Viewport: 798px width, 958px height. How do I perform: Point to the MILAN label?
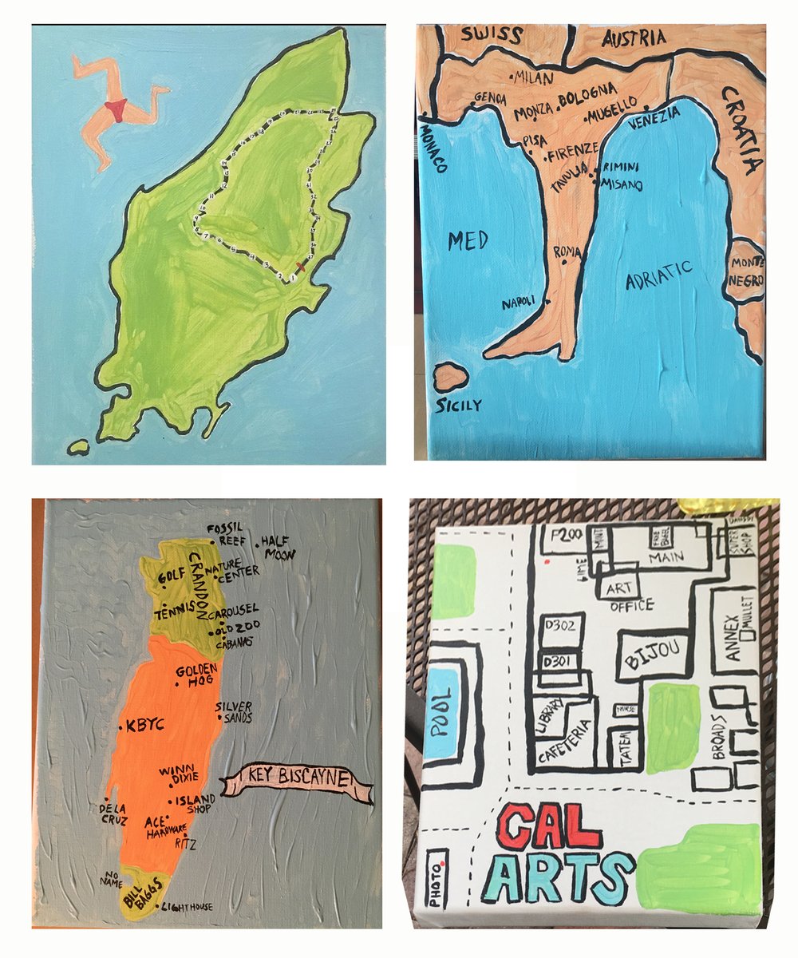click(x=530, y=77)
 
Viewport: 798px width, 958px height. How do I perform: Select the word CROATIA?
click(x=741, y=131)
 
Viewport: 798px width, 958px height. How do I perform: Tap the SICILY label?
click(x=459, y=405)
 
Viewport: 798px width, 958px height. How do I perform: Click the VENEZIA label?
click(x=654, y=117)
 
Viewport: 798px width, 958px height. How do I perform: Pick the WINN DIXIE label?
click(x=178, y=774)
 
